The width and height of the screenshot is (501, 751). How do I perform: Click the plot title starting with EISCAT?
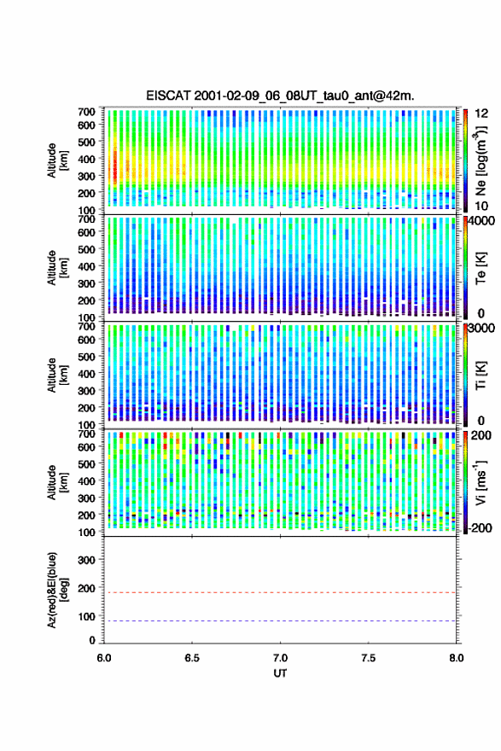coord(280,96)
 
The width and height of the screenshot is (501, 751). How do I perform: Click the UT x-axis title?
coord(280,673)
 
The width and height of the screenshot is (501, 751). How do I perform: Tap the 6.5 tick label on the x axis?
coord(192,658)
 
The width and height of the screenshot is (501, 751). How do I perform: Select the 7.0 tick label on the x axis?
coord(280,658)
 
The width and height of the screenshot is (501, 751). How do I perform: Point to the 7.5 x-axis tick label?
coord(369,658)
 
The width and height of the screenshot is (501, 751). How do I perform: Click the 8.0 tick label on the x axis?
coord(456,658)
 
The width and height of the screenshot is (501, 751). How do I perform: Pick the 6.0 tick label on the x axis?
coord(104,658)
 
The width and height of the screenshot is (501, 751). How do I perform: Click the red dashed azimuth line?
coord(280,592)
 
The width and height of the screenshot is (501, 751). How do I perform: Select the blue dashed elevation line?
coord(280,620)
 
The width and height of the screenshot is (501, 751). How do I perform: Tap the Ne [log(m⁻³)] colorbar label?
coord(481,161)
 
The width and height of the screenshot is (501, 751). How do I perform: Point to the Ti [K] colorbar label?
coord(481,375)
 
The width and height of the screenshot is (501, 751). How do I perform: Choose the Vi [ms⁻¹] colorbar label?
coord(481,482)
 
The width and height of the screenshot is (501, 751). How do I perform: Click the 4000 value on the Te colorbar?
coord(482,221)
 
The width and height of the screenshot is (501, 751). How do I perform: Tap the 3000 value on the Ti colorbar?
coord(482,329)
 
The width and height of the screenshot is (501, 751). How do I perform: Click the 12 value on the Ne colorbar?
coord(481,114)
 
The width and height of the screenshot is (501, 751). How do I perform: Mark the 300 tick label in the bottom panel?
coord(86,560)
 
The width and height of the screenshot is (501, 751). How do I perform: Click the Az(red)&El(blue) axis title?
coord(57,590)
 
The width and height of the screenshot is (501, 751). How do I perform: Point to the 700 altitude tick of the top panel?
coord(86,112)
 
